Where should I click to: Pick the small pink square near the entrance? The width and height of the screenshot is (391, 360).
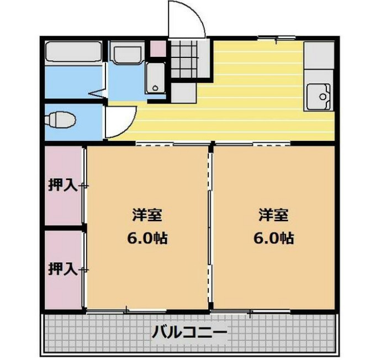(x=158, y=48)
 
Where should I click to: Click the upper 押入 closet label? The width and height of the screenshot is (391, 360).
(x=62, y=185)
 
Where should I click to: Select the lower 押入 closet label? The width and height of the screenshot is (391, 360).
(x=62, y=269)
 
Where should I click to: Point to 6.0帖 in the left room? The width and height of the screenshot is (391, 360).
(x=146, y=239)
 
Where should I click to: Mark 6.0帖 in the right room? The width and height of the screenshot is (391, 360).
(x=274, y=239)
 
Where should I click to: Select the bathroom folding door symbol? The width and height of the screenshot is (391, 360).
(x=97, y=94)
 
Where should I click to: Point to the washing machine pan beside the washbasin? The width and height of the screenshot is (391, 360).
(x=155, y=77)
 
